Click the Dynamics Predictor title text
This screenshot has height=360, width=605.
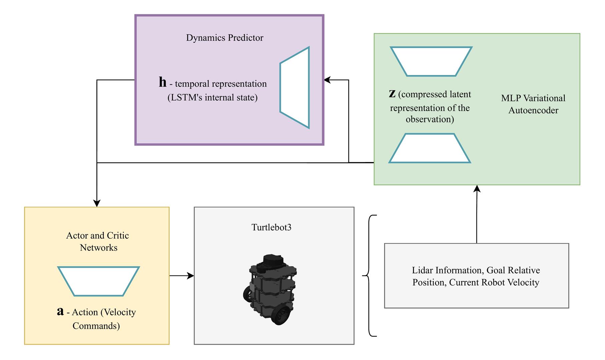[224, 38]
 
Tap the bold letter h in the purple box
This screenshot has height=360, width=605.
[162, 82]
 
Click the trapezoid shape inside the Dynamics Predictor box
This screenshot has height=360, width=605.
[295, 87]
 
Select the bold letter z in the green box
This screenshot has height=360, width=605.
[392, 94]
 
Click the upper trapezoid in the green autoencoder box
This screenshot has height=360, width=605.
[431, 61]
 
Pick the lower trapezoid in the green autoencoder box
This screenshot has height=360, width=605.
[430, 148]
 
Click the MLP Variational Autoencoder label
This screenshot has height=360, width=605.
[533, 104]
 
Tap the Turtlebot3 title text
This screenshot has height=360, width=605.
[271, 227]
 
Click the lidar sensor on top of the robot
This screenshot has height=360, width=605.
[273, 260]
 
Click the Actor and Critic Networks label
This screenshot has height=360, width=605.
[98, 241]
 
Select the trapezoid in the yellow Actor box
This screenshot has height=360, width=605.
[98, 281]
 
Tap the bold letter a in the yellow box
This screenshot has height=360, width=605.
[60, 311]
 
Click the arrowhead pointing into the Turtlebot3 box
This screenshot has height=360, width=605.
[191, 276]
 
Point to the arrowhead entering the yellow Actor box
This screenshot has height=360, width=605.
[97, 203]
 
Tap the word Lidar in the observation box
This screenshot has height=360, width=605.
[422, 270]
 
